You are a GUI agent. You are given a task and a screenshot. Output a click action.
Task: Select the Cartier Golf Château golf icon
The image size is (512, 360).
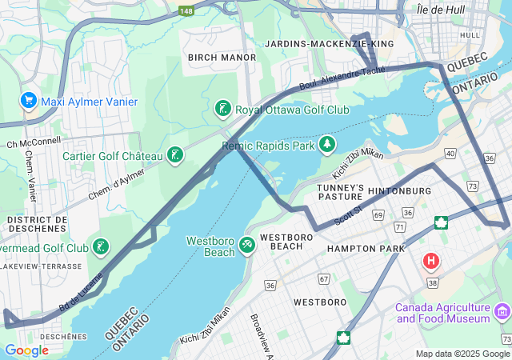174,155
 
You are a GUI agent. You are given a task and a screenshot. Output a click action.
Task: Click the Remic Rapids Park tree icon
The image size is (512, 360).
326,145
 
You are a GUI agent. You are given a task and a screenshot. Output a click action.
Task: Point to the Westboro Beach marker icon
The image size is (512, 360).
247,242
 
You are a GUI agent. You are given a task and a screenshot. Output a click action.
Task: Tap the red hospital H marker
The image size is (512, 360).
431,261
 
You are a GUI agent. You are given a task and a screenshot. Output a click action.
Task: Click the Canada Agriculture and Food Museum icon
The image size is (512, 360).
502,310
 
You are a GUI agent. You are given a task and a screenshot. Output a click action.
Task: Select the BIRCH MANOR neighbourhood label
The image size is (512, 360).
222,58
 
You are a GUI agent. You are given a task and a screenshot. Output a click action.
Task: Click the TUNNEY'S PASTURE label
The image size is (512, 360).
341,192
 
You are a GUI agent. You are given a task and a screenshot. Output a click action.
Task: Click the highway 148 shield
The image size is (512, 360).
186,10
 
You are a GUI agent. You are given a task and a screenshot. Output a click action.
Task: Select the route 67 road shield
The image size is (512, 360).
324,278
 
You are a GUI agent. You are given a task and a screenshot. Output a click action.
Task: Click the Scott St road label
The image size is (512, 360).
349,213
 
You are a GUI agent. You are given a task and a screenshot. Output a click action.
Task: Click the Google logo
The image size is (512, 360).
26,350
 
